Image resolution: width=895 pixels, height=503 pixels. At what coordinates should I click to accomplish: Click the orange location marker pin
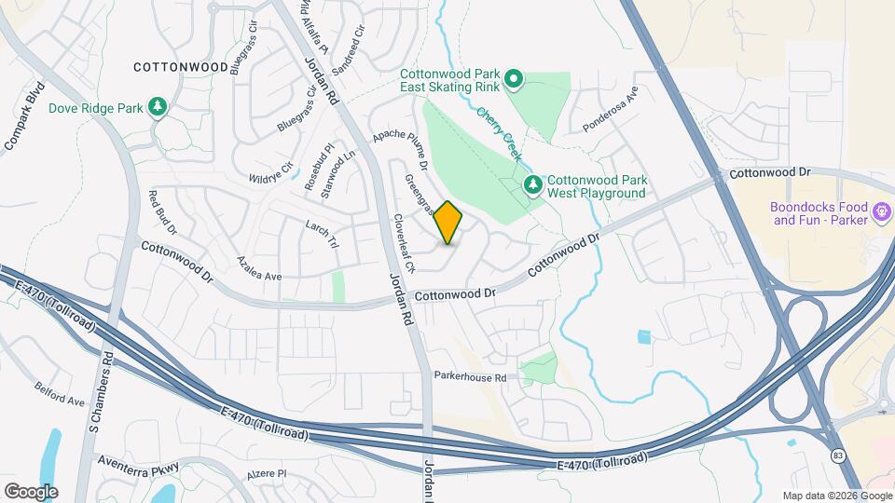[448, 223]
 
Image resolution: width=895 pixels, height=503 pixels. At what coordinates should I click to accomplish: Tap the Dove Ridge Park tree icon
[158, 108]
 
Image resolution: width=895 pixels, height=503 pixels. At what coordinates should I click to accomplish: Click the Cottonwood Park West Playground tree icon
[533, 185]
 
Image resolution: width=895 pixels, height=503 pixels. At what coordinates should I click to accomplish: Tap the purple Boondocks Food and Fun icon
[880, 213]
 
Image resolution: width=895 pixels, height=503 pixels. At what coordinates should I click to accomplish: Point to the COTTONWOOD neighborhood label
[181, 67]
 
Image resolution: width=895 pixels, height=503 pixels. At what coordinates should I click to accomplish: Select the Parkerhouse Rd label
[470, 377]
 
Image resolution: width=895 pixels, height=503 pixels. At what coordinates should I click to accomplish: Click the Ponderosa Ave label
[610, 111]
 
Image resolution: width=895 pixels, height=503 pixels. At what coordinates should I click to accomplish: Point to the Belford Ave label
[60, 394]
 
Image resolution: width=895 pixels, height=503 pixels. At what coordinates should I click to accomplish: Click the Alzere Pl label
[268, 474]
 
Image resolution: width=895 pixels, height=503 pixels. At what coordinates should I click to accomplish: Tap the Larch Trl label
[322, 233]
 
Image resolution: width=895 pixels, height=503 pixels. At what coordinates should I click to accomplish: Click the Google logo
[31, 491]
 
